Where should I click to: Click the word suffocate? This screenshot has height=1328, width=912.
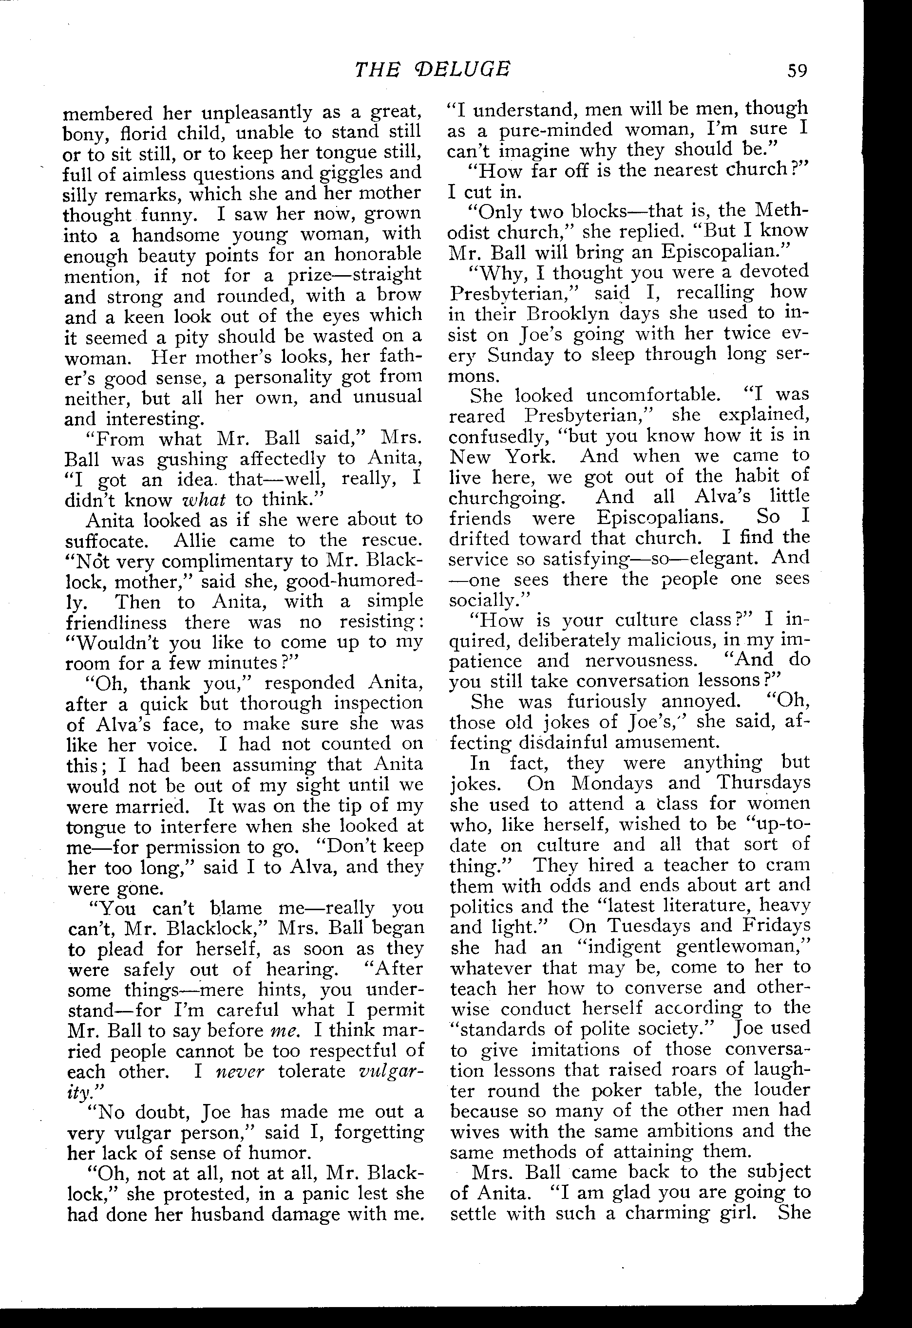pos(113,541)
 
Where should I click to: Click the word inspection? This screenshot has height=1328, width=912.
pos(378,703)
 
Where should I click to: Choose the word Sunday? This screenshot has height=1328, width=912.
pos(521,355)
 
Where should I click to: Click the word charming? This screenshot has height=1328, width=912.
pos(673,1213)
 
